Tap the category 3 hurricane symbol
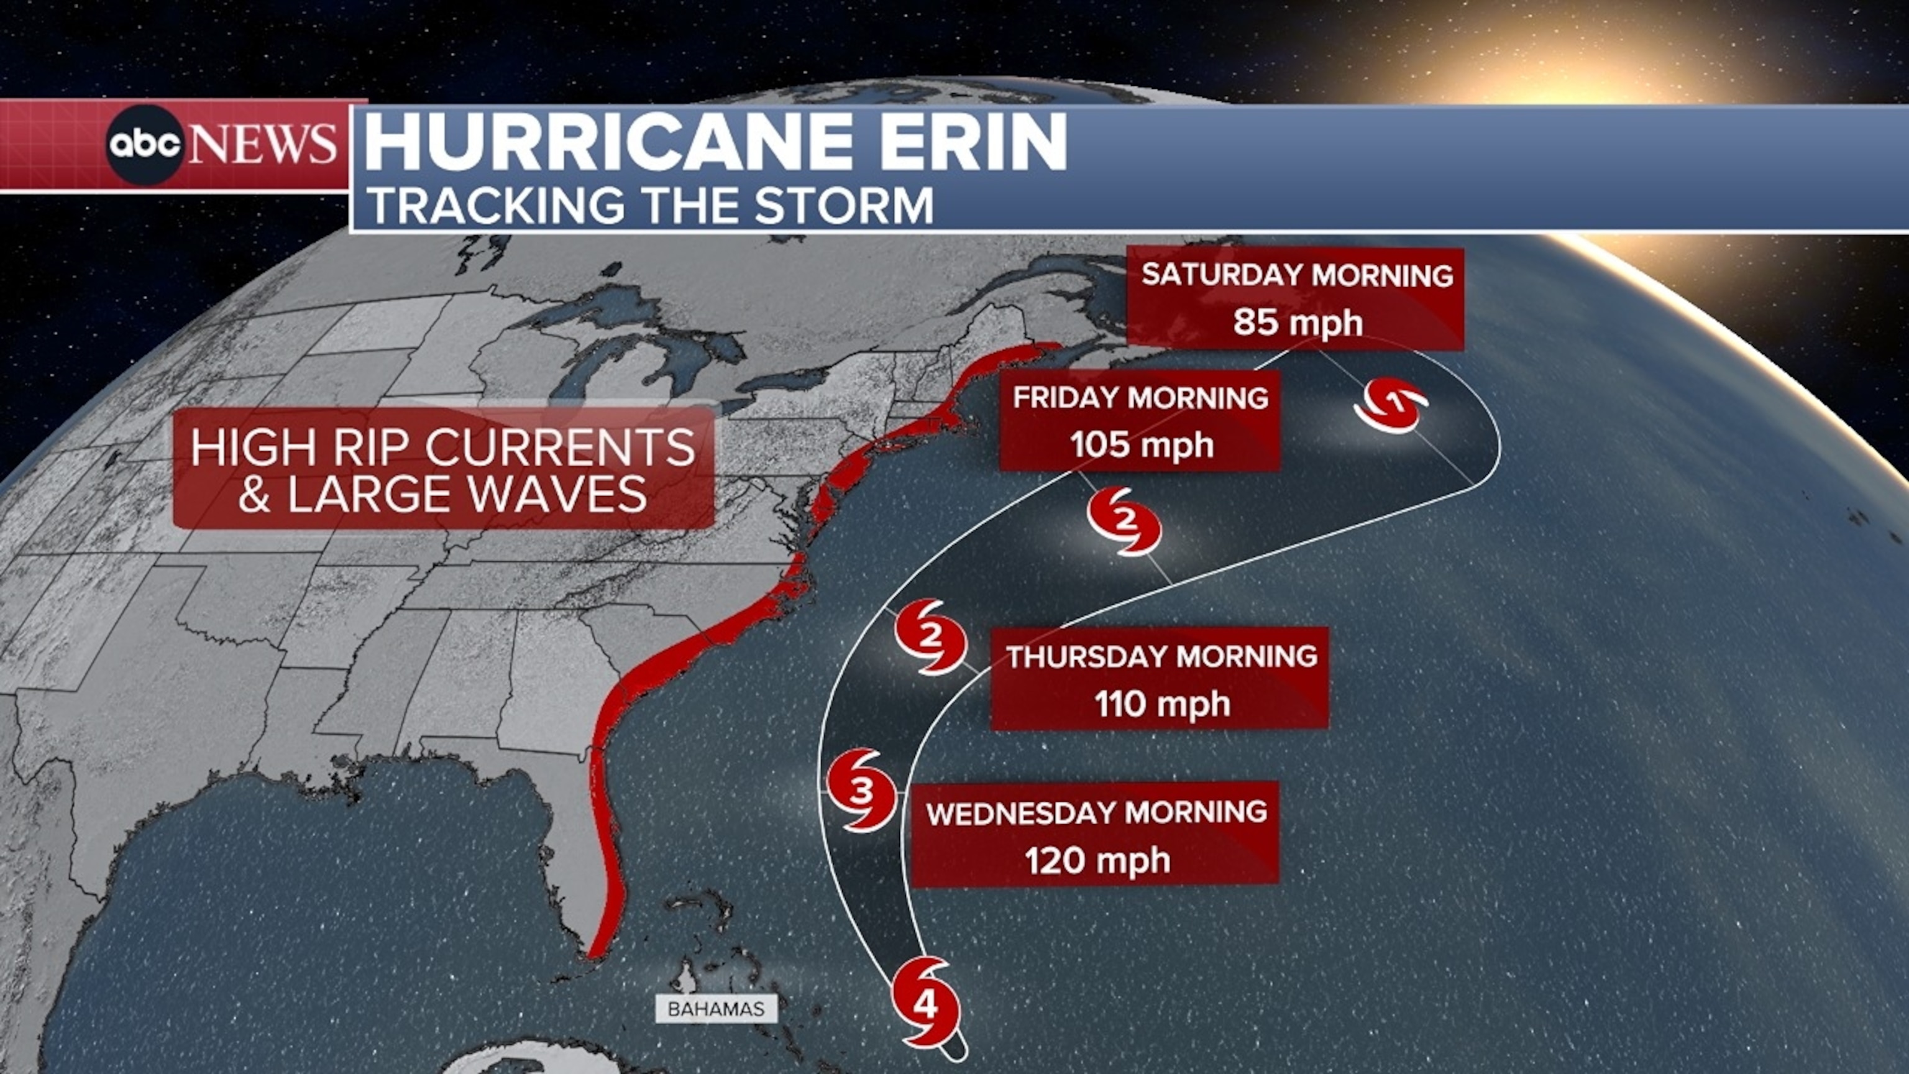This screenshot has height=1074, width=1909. point(861,791)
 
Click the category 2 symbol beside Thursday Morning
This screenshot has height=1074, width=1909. point(931,636)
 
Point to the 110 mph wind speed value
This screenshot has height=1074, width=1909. point(1162,704)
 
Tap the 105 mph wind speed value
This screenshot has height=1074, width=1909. point(1142,445)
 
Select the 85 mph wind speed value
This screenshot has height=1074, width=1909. point(1298,323)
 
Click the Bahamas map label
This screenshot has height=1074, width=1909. point(715,1009)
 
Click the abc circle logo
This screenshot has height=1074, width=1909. point(145,145)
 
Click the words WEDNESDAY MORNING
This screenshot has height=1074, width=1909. point(1097,813)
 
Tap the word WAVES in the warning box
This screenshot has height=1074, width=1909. point(557,494)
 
